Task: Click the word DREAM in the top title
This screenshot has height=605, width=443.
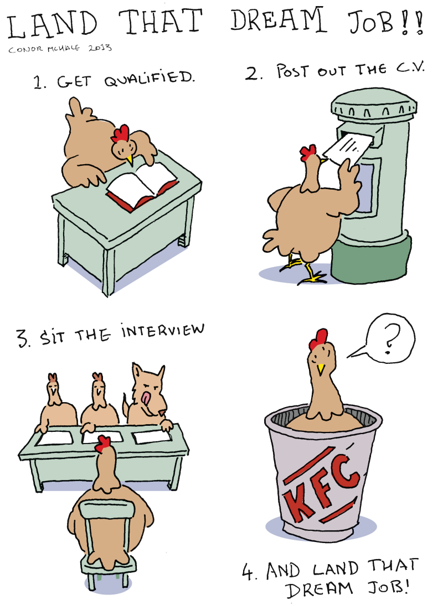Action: [278, 21]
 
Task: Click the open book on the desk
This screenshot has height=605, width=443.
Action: [142, 185]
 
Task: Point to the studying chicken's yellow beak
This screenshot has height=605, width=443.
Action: [130, 159]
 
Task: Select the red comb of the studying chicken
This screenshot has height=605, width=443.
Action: [121, 133]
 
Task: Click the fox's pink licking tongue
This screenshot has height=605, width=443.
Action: [147, 398]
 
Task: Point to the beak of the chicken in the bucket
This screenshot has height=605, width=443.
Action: [320, 369]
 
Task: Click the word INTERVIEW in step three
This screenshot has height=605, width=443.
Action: [162, 331]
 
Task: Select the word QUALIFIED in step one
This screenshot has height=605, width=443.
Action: [149, 79]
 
